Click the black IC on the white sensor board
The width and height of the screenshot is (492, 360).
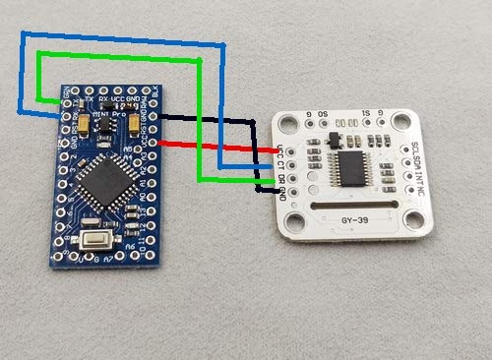tap(351, 164)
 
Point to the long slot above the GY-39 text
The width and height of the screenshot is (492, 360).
tap(351, 204)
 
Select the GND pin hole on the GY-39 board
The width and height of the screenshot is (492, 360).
tap(272, 186)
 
